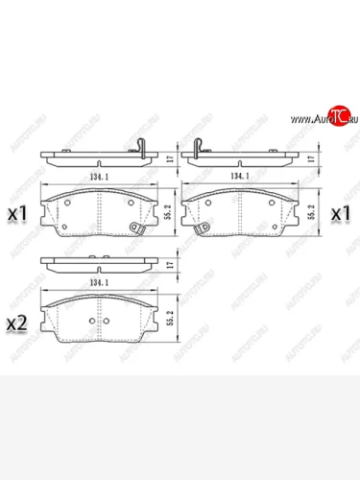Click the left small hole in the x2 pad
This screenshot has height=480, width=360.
click(91, 322)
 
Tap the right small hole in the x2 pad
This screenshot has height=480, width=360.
click(112, 322)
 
